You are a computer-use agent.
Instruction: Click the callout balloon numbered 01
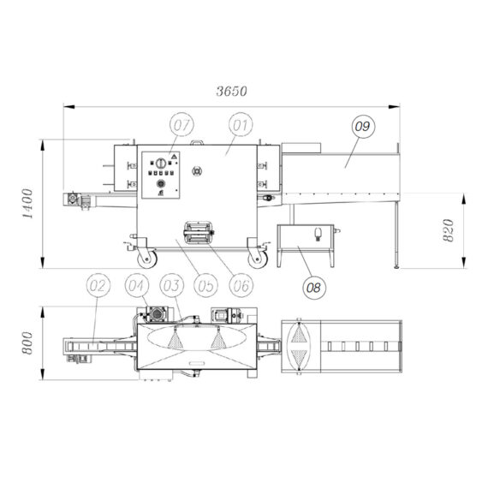(241, 125)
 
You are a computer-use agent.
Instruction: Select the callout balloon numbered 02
(98, 286)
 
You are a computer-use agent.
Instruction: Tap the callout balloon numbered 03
(172, 286)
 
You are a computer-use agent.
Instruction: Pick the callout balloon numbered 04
(136, 286)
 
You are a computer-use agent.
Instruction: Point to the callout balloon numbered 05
(205, 286)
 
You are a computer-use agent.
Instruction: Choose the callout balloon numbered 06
(241, 286)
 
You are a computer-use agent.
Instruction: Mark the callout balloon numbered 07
(182, 125)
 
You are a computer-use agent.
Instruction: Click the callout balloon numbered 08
(314, 288)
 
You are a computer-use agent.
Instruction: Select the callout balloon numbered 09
(363, 127)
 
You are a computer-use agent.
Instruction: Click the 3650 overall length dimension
(231, 92)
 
